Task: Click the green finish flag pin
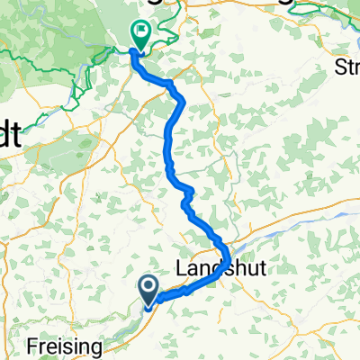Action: point(141,34)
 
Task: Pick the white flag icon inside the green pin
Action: point(141,31)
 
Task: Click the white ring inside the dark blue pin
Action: point(149,285)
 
